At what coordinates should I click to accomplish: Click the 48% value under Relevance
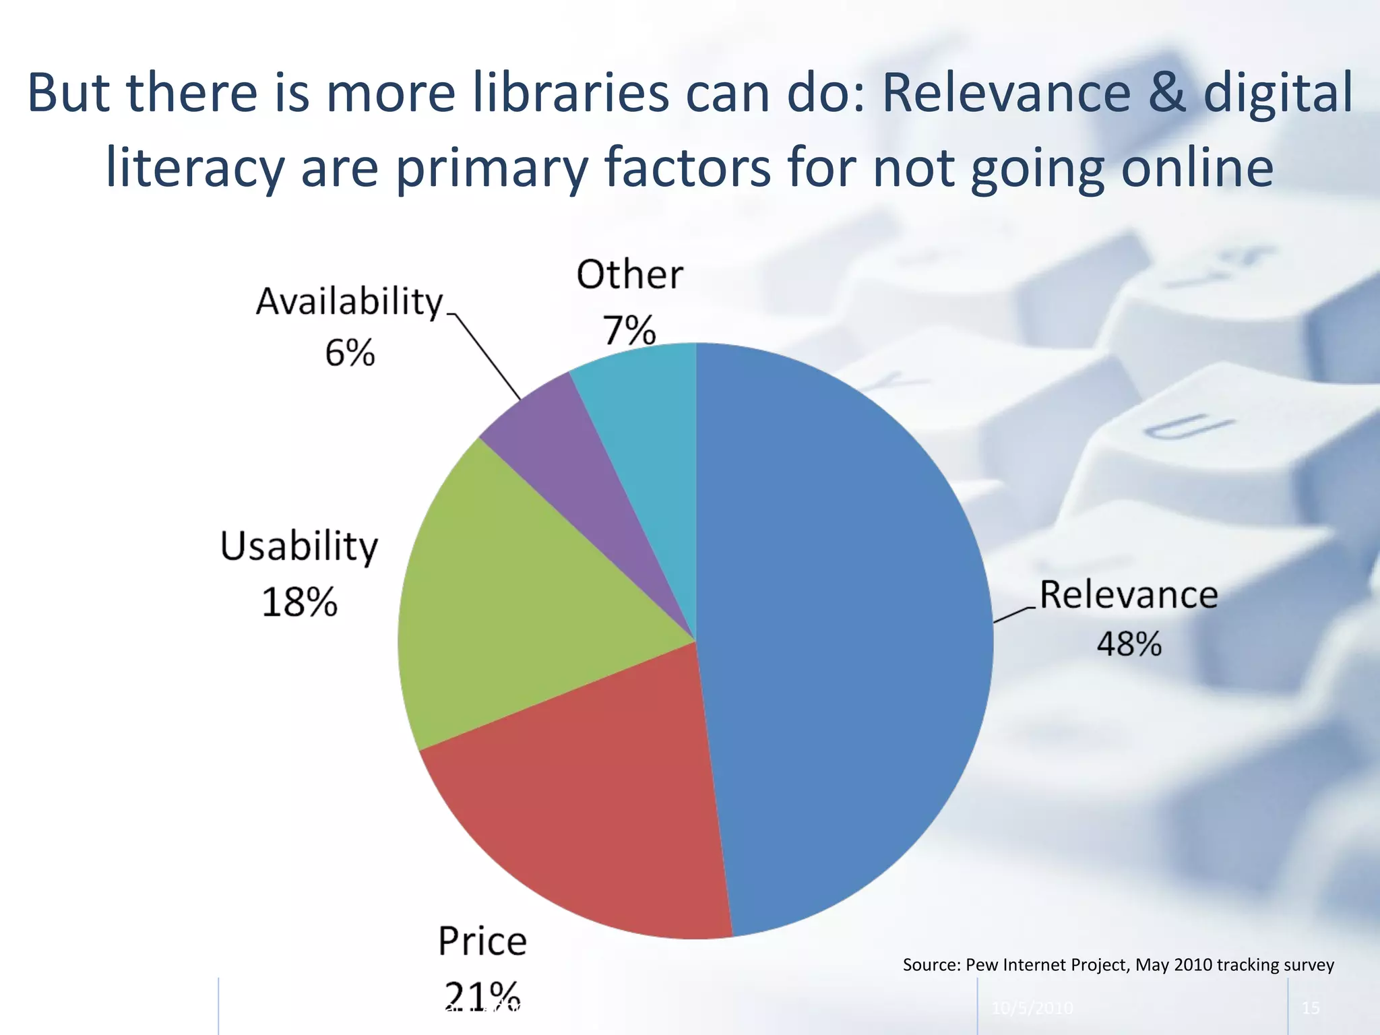[1129, 644]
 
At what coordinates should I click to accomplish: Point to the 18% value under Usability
[299, 602]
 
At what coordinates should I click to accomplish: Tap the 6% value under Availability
[350, 353]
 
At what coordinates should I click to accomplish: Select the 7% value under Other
[629, 330]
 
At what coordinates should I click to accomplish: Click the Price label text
[482, 941]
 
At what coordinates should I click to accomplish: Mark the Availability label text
[350, 302]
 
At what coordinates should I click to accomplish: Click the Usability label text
[299, 546]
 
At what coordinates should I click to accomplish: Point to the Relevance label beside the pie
[1129, 595]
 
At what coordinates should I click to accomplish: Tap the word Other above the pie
[629, 275]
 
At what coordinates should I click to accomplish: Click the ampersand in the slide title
[1166, 92]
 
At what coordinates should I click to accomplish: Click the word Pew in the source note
[982, 965]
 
